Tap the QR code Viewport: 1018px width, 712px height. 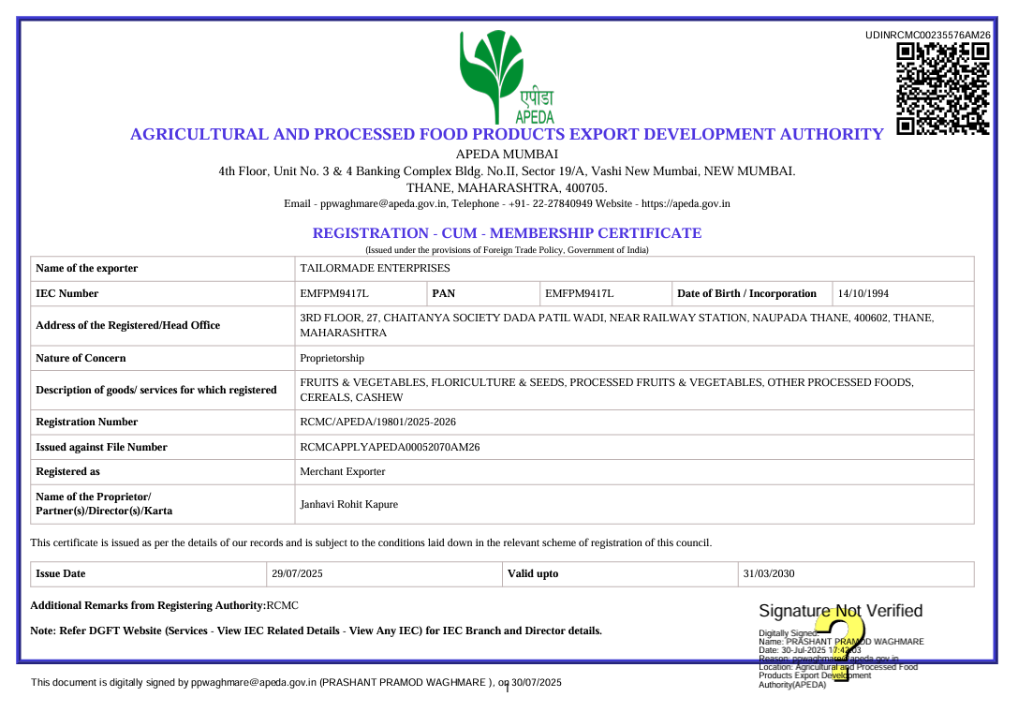[943, 89]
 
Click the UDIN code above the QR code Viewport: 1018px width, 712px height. [928, 35]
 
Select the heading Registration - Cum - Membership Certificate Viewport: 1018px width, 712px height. [507, 233]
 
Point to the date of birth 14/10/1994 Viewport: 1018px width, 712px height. [863, 294]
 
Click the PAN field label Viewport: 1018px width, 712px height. [444, 294]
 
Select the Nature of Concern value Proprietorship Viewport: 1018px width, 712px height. [332, 359]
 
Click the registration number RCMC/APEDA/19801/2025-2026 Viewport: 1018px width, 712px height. [377, 423]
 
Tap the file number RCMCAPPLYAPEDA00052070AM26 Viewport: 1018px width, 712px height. [390, 448]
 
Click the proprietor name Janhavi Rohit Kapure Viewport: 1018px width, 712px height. [348, 505]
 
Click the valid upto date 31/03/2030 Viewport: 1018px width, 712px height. [768, 574]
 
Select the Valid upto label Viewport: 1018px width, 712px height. [533, 574]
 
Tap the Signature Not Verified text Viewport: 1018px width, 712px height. [840, 612]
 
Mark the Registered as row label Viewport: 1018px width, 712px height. [67, 472]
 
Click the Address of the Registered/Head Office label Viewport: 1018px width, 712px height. [127, 326]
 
